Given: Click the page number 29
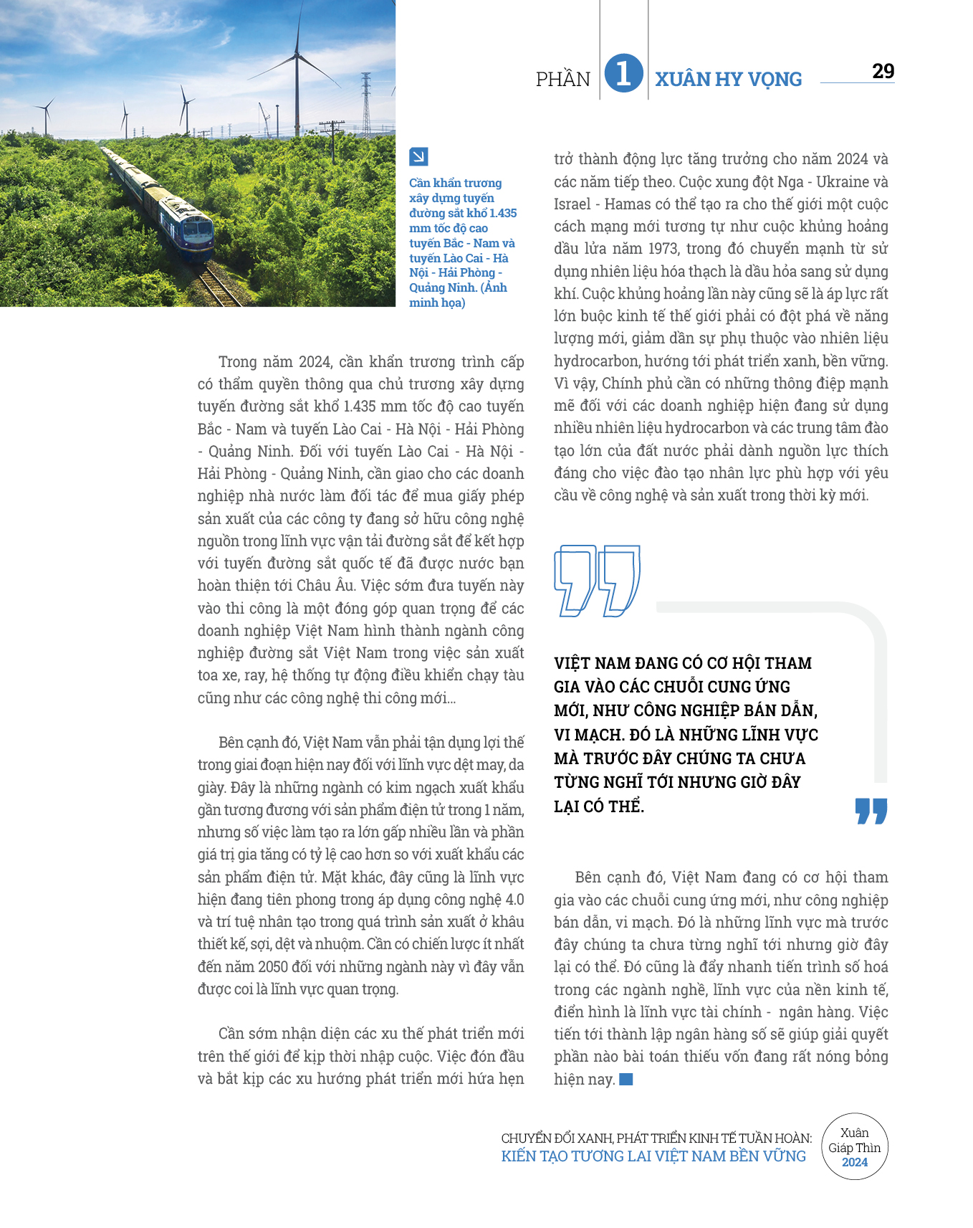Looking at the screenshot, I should point(883,71).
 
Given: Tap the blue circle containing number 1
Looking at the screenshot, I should point(623,74).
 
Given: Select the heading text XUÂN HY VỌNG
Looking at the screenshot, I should point(728,79).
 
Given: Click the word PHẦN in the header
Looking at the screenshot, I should point(563,79).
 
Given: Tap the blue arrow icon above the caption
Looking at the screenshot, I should point(418,156).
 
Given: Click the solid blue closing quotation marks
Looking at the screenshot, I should point(871,811).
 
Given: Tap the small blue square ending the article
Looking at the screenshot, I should point(626,1079).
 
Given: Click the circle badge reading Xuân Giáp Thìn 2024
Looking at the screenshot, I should point(854,1147).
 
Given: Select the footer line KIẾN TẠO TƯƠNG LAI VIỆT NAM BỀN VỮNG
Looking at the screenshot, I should point(653,1156).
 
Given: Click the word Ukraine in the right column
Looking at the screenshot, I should point(843,181).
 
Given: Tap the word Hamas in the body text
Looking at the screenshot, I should point(627,204).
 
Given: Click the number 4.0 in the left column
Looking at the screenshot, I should point(514,899).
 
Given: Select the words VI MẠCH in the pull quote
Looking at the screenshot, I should point(590,735).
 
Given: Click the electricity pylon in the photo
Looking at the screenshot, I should point(366,104).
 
